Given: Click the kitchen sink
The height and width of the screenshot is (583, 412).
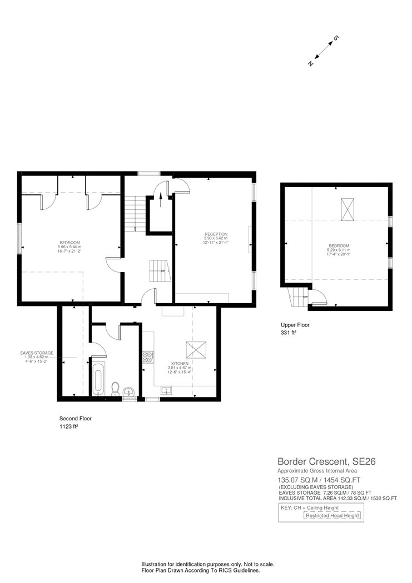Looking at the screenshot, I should [166, 390].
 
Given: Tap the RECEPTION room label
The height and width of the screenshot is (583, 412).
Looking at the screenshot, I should [216, 234].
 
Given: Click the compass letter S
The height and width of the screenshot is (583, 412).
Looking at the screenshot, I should [335, 39].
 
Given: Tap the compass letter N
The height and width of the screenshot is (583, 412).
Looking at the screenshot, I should [310, 64].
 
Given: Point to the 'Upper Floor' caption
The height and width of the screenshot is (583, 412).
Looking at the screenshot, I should [295, 325].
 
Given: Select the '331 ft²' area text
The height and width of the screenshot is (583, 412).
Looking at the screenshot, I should [290, 333].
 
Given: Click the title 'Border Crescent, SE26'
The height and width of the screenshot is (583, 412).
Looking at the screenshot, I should [322, 461].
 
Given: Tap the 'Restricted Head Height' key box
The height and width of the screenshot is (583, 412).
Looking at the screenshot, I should [332, 516].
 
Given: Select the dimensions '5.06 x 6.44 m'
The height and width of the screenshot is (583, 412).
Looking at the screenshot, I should [70, 247].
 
